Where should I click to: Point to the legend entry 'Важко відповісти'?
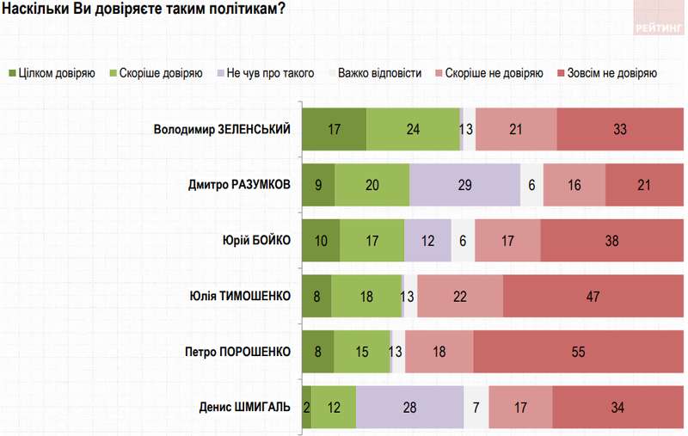click(379, 73)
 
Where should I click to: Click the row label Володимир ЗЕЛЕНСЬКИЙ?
click(222, 130)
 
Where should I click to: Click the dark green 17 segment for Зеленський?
click(335, 130)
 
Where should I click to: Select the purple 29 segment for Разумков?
click(465, 185)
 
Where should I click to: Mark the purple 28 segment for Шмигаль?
click(409, 407)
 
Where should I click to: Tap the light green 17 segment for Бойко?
click(372, 241)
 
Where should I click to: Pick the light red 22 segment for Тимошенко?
click(460, 296)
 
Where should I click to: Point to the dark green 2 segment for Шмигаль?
click(306, 407)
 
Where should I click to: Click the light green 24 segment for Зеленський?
click(413, 130)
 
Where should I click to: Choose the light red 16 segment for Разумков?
click(574, 185)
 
